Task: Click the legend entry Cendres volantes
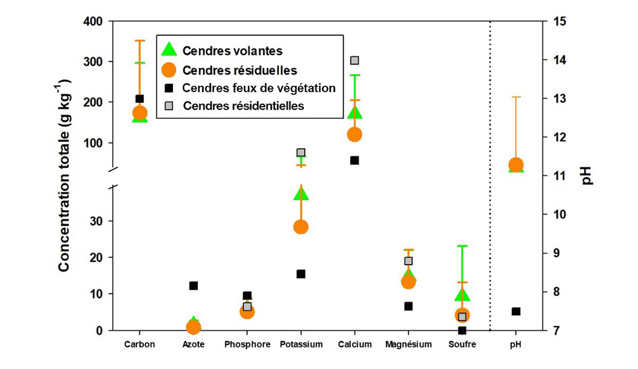point(232,51)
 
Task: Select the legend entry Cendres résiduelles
point(239,70)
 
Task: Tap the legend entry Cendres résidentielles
point(243,106)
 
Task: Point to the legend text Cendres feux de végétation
point(259,88)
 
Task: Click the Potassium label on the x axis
point(301,345)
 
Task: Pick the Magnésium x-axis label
point(408,345)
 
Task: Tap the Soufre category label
point(462,345)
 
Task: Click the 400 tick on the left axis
point(93,21)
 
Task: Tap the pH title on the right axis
point(587,175)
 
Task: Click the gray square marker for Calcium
point(354,60)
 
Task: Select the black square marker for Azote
point(194,285)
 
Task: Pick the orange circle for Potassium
point(301,227)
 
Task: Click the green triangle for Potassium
point(301,194)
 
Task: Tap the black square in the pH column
point(516,311)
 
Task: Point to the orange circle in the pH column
point(516,164)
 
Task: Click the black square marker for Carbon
point(140,99)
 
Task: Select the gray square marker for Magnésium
point(408,261)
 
